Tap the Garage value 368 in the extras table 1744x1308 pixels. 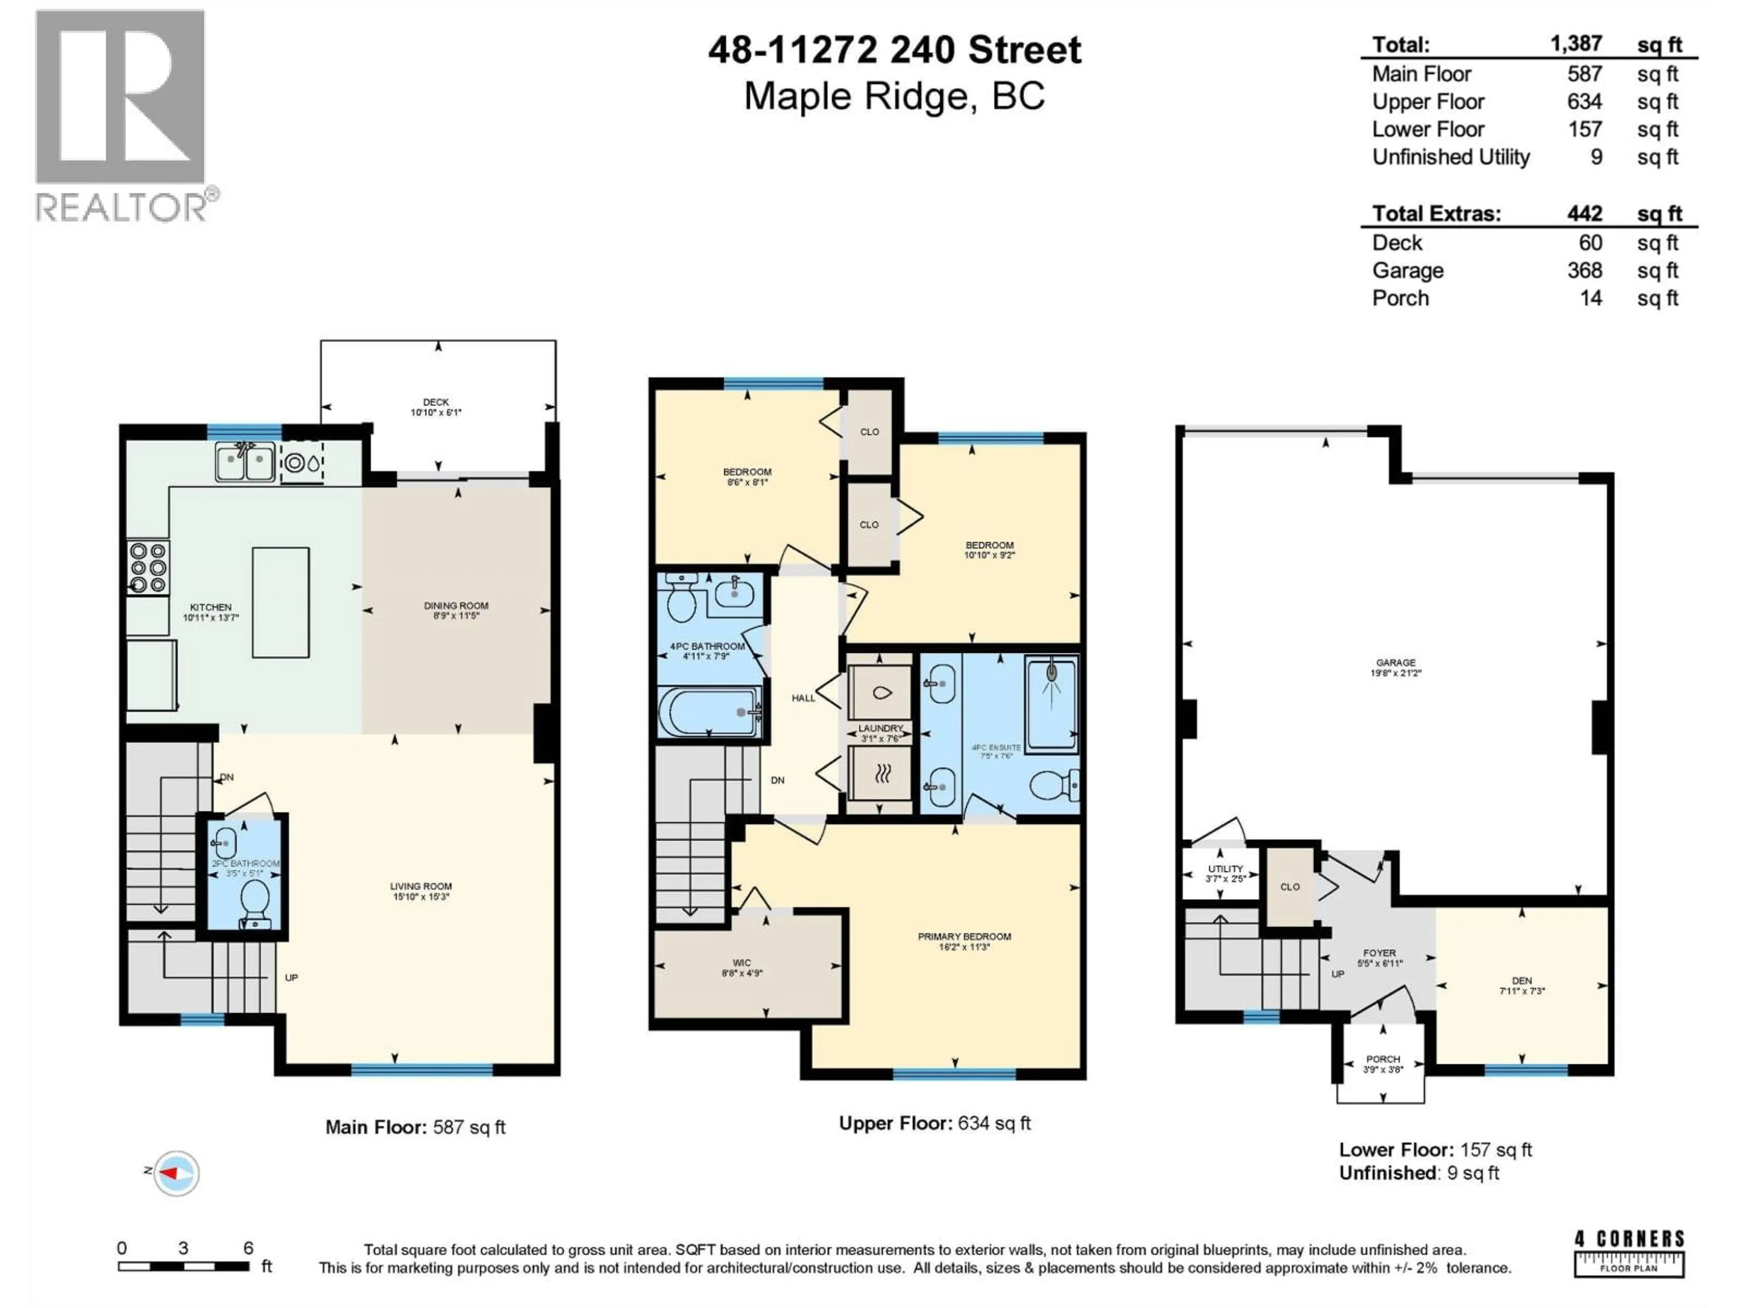(1584, 270)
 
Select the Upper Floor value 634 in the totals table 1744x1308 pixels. (1584, 102)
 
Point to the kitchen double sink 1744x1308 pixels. (245, 461)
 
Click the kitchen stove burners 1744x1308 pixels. (148, 566)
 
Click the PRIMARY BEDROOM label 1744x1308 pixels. (963, 936)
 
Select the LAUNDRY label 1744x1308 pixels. (880, 728)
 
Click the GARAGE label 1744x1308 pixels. (1396, 663)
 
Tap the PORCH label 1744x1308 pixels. (1383, 1059)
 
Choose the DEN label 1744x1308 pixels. (1521, 981)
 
